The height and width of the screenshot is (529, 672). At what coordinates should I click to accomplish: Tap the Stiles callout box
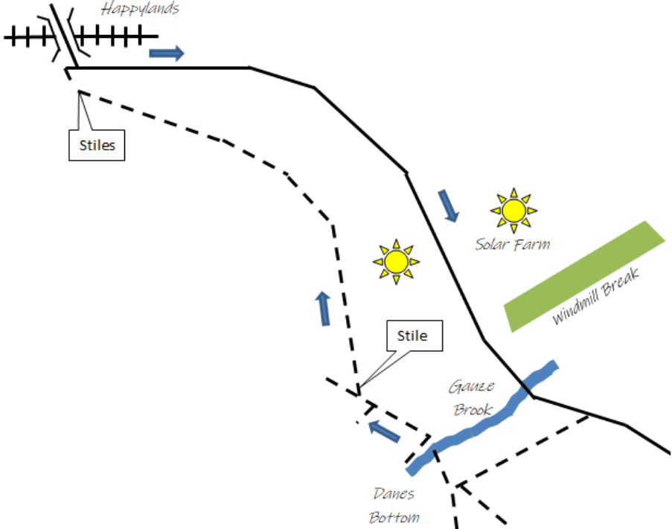point(97,145)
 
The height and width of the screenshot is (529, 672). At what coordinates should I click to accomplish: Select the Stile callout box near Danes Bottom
point(412,336)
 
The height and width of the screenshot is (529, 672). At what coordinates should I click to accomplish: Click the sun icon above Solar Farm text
point(513,210)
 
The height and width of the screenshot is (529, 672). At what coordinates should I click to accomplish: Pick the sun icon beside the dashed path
point(396,261)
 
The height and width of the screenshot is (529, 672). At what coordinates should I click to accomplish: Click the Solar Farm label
point(513,243)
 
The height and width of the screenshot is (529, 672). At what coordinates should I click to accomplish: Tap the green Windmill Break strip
point(585,276)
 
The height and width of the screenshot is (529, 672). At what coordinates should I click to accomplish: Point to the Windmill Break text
point(596,295)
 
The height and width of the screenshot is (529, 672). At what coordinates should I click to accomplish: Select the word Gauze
point(467,387)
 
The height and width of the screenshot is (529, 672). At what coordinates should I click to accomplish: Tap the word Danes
point(394,493)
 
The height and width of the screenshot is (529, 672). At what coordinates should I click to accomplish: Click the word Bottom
point(394,516)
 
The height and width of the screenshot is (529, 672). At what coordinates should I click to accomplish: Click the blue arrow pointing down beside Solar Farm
point(448,205)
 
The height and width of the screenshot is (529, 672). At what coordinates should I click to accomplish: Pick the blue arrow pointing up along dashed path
point(324,308)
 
